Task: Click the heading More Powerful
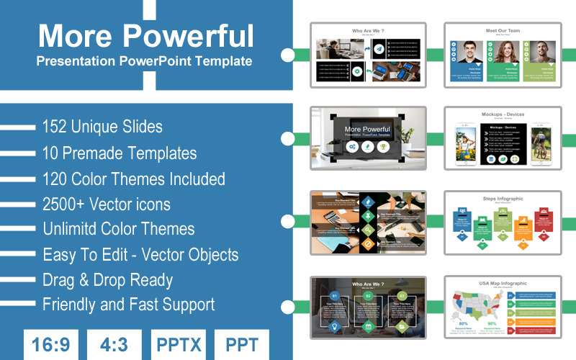pos(145,35)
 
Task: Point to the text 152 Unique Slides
pos(102,127)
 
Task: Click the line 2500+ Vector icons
pos(107,204)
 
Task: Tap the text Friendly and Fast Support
pos(128,305)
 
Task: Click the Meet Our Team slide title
pos(503,31)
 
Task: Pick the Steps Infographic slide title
pos(503,199)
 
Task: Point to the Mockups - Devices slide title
pos(503,114)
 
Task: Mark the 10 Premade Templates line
pos(120,153)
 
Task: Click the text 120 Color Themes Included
pos(134,179)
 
